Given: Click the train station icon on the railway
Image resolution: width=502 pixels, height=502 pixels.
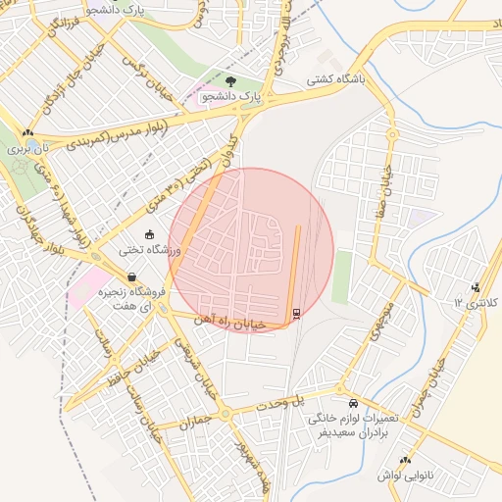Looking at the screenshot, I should [295, 313].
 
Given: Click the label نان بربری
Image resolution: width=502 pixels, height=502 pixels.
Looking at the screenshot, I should [26, 150].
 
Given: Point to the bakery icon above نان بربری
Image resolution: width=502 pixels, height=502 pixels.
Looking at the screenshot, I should [27, 133].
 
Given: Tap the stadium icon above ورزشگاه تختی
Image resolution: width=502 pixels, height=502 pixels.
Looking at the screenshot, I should [149, 234].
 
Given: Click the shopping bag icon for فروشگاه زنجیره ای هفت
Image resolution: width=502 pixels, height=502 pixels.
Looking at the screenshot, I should [131, 277].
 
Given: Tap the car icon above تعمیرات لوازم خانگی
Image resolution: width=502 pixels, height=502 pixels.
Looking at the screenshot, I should [353, 403].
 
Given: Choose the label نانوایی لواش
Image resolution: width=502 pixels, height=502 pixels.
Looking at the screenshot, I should [404, 476].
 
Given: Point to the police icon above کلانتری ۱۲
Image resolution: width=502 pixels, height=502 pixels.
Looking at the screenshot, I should [476, 287].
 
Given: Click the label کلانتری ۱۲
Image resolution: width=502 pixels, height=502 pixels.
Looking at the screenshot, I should [471, 303].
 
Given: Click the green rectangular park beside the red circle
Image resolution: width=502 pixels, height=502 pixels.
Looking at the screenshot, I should [341, 276].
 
